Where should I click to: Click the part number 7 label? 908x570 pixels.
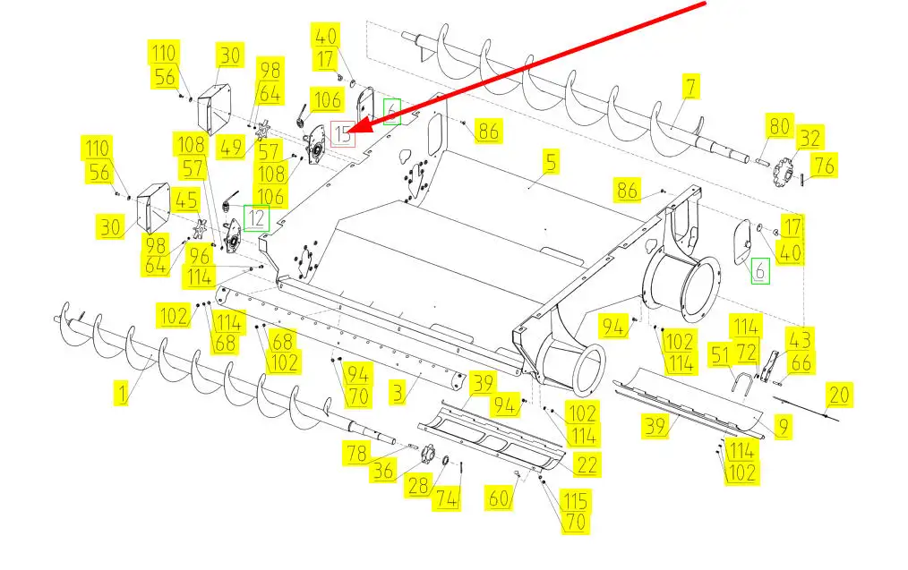[691, 88]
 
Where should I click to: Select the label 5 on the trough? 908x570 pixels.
[551, 162]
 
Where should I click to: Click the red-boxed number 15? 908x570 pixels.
[344, 134]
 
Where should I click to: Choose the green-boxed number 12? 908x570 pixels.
[257, 217]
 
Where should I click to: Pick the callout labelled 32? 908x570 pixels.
[809, 138]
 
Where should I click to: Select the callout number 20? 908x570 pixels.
[839, 394]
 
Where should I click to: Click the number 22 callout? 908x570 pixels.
[587, 464]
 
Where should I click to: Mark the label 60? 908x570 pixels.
[499, 496]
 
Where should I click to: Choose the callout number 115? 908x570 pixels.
[574, 499]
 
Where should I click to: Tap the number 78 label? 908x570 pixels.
[357, 455]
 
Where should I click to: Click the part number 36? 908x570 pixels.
[384, 471]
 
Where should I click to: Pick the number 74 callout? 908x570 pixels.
[446, 499]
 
